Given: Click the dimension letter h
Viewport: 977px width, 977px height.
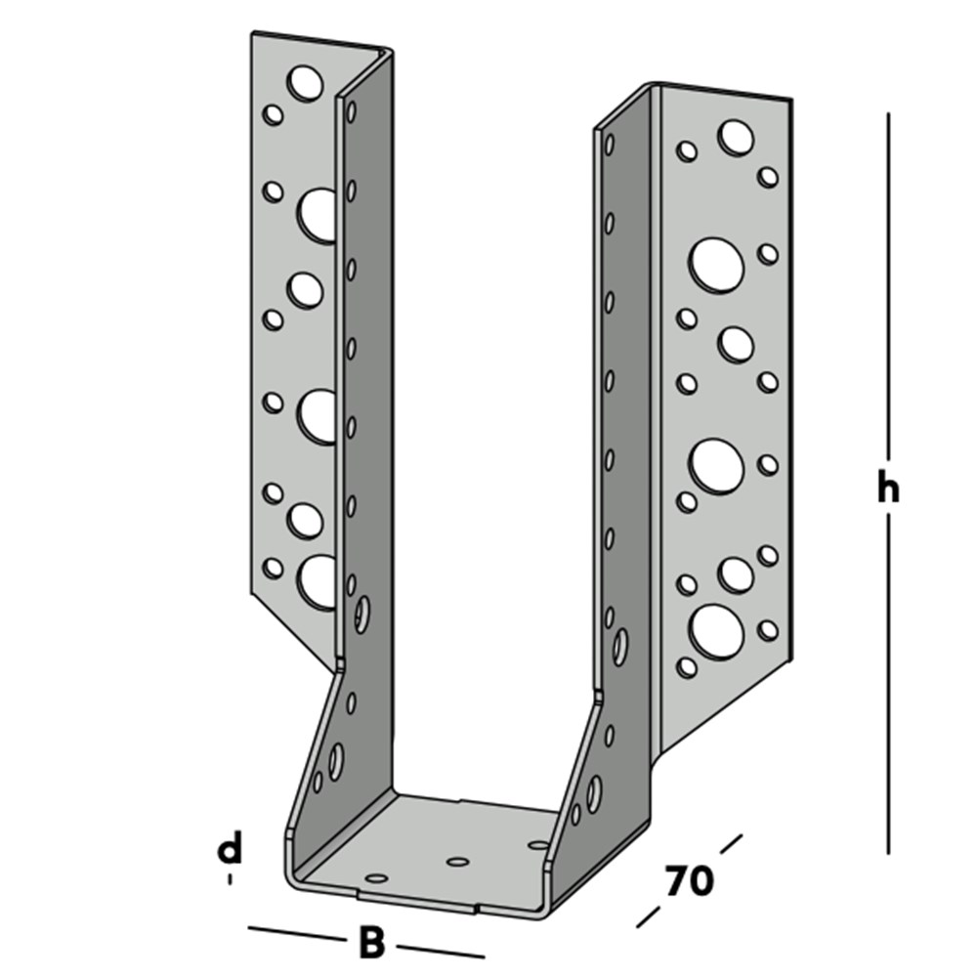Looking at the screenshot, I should (x=887, y=488).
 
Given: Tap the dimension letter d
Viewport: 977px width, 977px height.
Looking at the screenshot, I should (x=229, y=849).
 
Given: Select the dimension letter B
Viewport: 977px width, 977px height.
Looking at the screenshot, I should (x=371, y=944).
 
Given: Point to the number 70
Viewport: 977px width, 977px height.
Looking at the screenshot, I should (x=690, y=881).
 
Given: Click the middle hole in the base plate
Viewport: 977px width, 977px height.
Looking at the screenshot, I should (x=457, y=862).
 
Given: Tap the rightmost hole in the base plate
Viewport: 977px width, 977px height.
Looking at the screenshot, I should (x=538, y=843).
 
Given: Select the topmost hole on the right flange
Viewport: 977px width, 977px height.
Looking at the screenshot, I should (x=736, y=137).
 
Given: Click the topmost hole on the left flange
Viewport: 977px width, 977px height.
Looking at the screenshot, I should (x=306, y=83).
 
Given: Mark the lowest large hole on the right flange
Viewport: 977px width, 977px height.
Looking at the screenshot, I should (x=715, y=630).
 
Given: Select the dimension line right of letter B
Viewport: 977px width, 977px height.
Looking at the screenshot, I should (x=440, y=950).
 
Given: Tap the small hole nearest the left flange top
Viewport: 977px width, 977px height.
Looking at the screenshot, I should (x=274, y=115).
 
